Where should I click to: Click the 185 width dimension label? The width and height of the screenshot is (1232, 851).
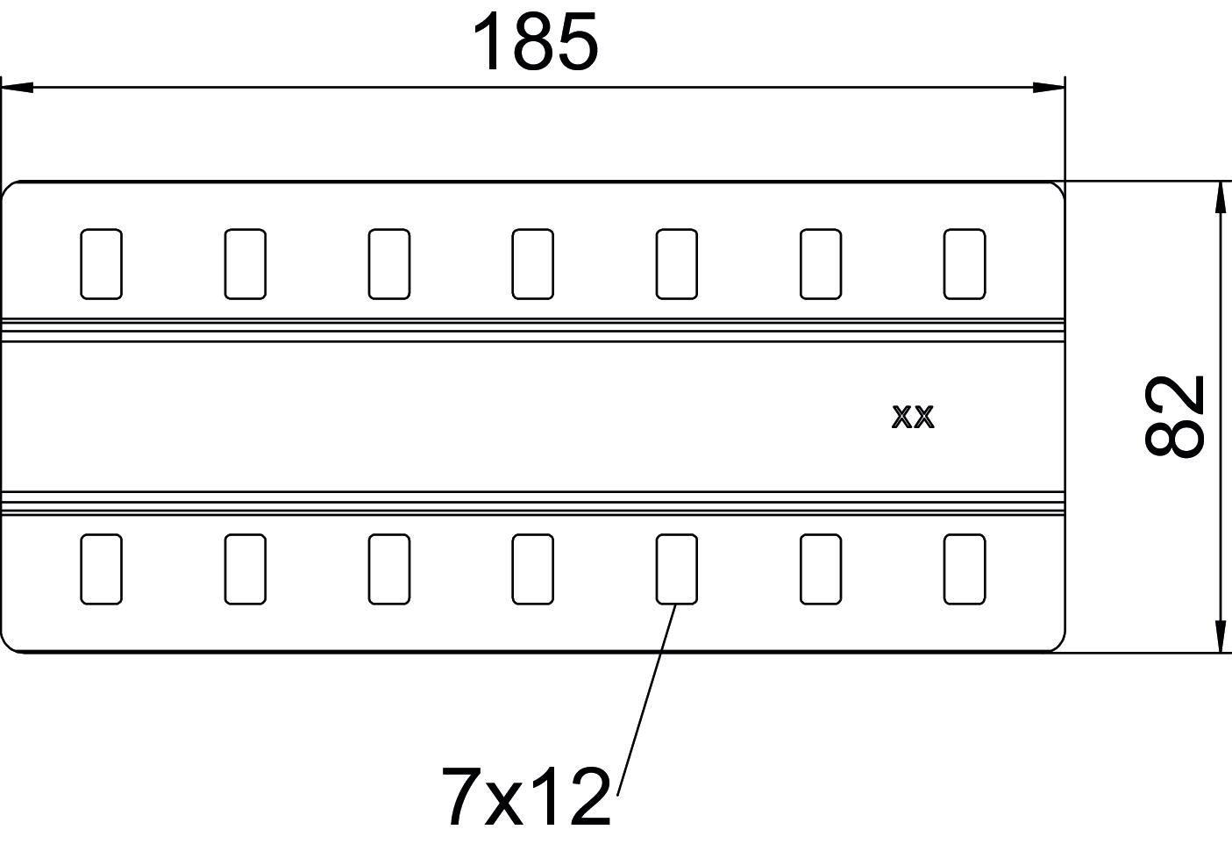pos(535,43)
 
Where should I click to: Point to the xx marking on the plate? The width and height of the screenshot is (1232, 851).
pos(913,417)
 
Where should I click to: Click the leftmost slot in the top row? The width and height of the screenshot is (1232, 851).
pos(101,263)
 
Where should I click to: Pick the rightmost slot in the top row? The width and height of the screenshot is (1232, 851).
pos(964,263)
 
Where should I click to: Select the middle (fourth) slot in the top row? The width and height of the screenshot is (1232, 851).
pos(532,263)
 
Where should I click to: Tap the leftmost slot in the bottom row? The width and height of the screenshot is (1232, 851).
pos(101,569)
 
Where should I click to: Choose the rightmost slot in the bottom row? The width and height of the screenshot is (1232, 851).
pos(964,569)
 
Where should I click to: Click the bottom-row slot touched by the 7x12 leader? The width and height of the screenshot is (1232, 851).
pos(676,569)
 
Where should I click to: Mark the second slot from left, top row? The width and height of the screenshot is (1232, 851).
pos(245,263)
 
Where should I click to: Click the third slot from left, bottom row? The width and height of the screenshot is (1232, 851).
pos(388,569)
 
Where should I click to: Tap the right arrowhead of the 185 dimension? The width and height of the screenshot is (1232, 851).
pos(1049,87)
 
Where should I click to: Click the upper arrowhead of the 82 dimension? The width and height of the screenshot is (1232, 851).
pos(1219,197)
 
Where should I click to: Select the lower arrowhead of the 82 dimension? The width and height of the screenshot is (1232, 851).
pos(1219,637)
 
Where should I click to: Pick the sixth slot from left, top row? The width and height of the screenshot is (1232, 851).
pos(820,263)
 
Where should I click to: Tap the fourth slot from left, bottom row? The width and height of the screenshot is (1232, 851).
pos(532,569)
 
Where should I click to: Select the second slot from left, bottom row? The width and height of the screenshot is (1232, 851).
pos(245,569)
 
